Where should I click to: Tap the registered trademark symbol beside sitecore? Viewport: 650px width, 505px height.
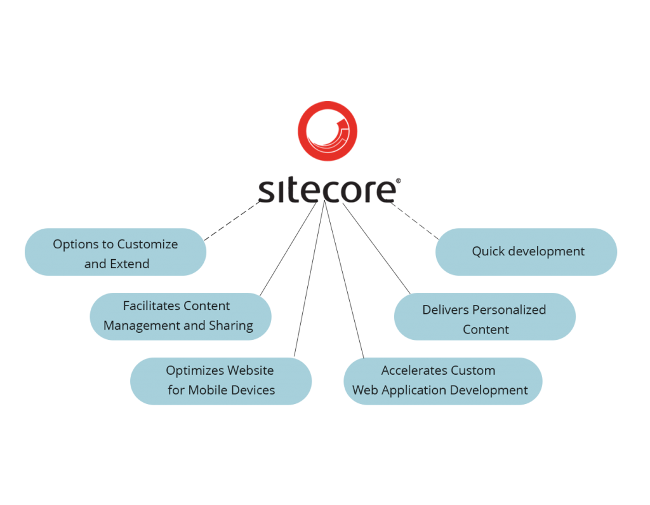tap(399, 181)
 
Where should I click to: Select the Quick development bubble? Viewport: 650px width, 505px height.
tap(526, 252)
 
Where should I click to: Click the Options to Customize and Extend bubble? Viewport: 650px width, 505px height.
tap(116, 252)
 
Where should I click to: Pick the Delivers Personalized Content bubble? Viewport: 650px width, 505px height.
tap(484, 316)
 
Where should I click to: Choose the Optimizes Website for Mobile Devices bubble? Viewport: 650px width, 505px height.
tap(221, 381)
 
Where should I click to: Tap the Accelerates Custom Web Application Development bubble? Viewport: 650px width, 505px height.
tap(442, 381)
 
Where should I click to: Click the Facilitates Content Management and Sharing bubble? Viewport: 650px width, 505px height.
tap(180, 316)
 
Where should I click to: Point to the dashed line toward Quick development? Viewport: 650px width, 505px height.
tap(415, 221)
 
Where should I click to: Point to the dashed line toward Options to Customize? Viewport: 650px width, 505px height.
tap(232, 221)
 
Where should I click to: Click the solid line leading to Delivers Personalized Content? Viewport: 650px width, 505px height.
tap(376, 248)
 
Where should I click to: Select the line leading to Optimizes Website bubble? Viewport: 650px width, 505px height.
tap(309, 279)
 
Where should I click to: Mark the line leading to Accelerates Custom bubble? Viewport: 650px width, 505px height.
tap(345, 279)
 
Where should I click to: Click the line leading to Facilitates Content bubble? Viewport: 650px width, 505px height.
tap(289, 248)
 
